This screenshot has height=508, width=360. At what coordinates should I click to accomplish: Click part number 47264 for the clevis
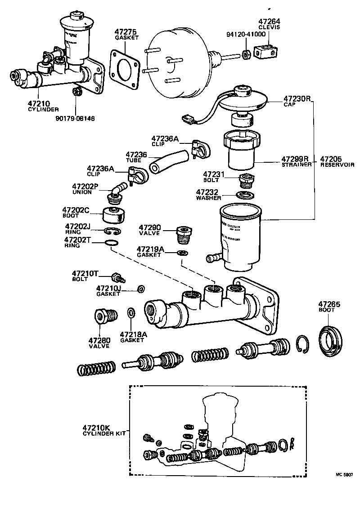pos(269,21)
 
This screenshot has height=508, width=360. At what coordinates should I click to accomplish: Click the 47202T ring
pos(111,243)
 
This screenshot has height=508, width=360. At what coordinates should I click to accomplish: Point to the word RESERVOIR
pos(337,165)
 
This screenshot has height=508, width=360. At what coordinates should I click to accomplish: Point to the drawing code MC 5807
pos(344,474)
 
